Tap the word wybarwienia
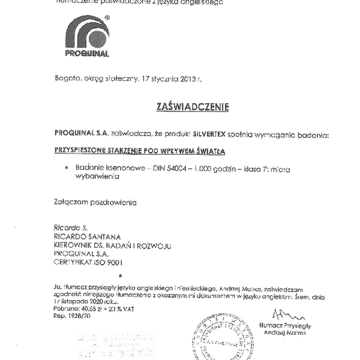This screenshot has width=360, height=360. pyautogui.click(x=96, y=178)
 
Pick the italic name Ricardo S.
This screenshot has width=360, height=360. pyautogui.click(x=68, y=229)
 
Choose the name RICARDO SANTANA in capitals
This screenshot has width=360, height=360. pyautogui.click(x=83, y=237)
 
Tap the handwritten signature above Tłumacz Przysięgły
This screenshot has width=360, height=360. pyautogui.click(x=284, y=313)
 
